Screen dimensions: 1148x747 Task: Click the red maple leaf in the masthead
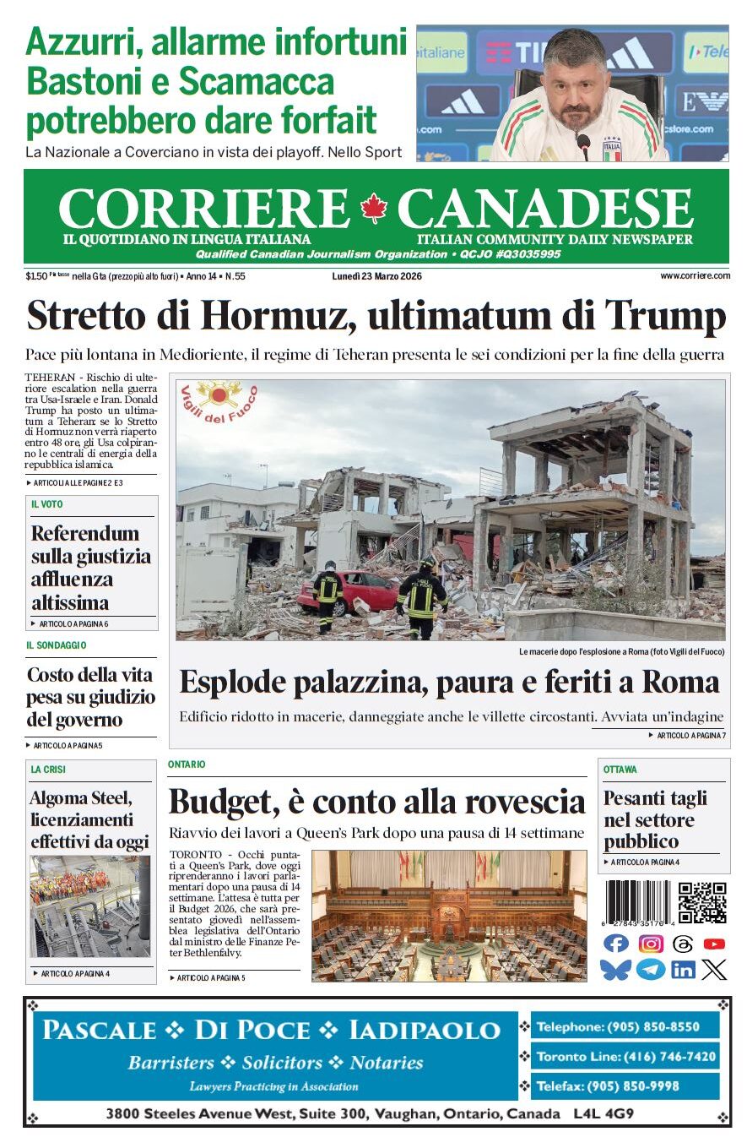coord(372,208)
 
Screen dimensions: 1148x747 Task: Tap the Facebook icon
coord(617,944)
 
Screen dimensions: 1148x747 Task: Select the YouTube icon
coord(714,944)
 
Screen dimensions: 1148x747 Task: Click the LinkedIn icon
coord(683,969)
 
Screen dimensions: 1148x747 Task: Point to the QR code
coord(702,902)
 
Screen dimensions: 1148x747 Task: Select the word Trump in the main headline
coord(667,317)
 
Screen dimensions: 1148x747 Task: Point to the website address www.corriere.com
coord(695,276)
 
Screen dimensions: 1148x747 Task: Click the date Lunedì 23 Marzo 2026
coord(377,276)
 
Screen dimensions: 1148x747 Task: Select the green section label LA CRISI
coord(48,770)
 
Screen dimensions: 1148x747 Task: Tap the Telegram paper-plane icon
coord(650,969)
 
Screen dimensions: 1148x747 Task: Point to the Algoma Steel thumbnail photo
coord(90,906)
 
